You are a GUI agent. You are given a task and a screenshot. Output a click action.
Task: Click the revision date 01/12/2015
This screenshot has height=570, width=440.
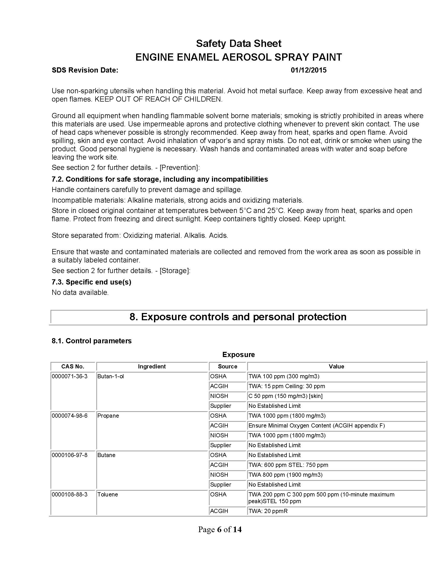[x=308, y=70]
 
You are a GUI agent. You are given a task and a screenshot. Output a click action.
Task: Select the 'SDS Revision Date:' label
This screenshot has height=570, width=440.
[x=85, y=70]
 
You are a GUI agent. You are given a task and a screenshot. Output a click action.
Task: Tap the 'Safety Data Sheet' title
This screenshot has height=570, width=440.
[x=239, y=44]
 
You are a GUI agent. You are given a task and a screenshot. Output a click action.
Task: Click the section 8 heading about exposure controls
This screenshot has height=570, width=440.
[x=238, y=317]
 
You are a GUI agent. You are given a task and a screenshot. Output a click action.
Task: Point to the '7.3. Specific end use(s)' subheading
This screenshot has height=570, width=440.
[x=91, y=282]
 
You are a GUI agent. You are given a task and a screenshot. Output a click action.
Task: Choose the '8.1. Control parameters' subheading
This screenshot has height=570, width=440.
[x=91, y=341]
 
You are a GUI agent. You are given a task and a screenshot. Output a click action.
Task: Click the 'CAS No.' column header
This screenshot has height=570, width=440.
[x=73, y=366]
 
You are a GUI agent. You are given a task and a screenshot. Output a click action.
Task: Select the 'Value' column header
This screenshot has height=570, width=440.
[x=336, y=366]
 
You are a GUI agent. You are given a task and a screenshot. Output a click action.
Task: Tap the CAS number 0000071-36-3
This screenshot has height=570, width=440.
[x=70, y=376]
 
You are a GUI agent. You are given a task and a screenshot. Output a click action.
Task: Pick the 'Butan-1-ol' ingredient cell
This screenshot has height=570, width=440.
[x=111, y=376]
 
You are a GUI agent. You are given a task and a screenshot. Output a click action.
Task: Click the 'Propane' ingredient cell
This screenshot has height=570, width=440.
[x=108, y=416]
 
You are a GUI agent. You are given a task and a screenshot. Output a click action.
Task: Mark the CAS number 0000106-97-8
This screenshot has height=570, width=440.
[x=70, y=455]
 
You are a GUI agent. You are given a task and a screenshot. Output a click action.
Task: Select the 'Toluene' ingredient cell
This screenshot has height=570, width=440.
[x=108, y=495]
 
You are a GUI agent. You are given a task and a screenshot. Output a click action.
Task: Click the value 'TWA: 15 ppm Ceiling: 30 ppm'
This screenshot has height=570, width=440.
[x=287, y=386]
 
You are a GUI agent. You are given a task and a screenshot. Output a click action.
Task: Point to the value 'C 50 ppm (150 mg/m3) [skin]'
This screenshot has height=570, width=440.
[x=285, y=396]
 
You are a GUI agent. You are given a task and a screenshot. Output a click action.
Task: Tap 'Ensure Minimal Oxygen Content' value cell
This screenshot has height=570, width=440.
[x=317, y=426]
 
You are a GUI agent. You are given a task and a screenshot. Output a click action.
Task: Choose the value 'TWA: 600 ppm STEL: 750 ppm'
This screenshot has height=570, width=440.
[x=288, y=465]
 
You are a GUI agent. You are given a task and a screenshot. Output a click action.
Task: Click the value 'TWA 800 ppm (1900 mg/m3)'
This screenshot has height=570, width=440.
[x=285, y=475]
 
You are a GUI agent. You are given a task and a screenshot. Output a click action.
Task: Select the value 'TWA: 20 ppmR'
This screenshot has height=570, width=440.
[x=268, y=511]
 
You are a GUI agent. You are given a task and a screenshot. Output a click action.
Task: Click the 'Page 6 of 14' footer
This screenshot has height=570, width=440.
[x=220, y=529]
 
